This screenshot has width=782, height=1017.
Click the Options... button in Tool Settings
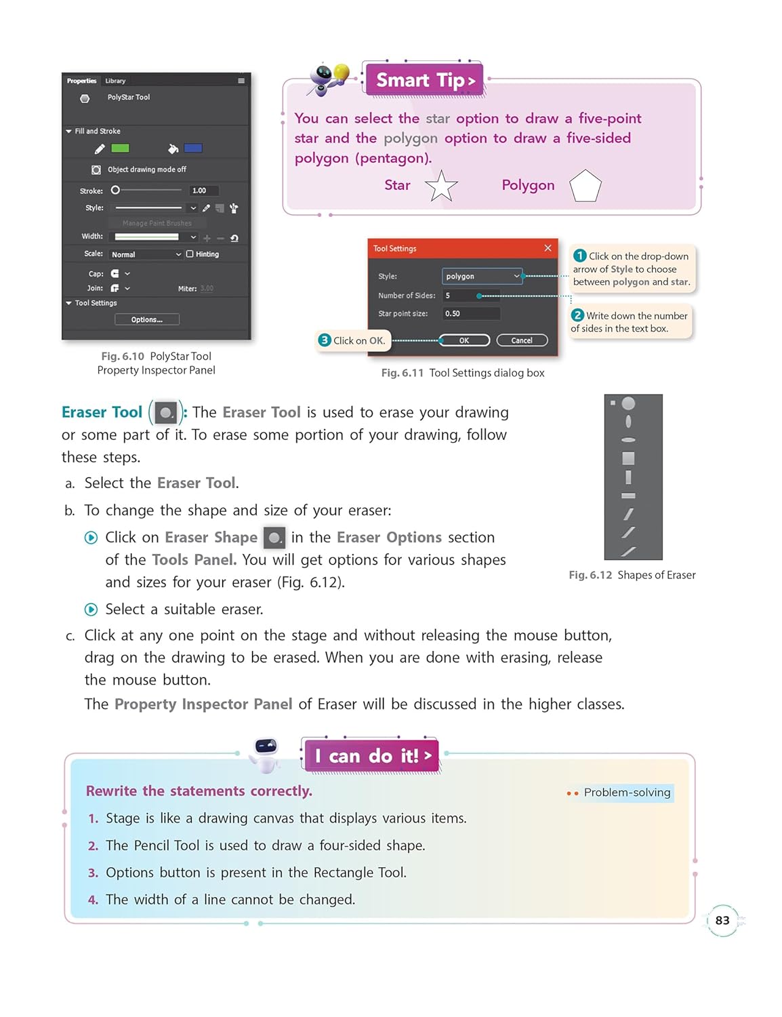146,319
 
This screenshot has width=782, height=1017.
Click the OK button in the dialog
464,340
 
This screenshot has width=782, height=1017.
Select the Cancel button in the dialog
522,340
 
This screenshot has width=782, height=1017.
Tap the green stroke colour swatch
120,148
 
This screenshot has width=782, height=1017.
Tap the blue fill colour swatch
193,148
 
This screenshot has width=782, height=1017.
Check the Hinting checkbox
190,254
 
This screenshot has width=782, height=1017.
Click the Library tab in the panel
115,81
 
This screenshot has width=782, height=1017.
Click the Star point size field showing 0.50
471,313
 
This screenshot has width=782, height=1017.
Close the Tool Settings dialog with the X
548,247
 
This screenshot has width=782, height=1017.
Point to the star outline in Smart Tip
441,186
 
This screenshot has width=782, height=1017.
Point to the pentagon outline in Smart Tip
585,186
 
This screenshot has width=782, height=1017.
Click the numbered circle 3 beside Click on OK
325,340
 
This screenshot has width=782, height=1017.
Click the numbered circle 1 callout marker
580,255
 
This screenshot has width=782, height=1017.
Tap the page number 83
722,920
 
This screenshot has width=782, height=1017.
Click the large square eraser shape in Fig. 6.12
628,458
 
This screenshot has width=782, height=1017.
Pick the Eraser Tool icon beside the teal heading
165,412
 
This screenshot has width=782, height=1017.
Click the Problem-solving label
627,792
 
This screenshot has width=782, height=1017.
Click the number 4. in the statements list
93,900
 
